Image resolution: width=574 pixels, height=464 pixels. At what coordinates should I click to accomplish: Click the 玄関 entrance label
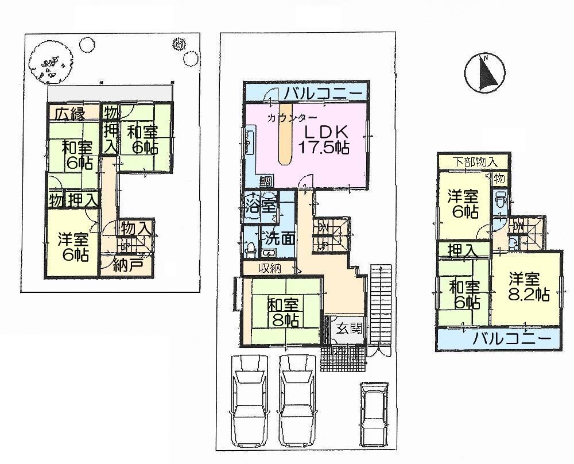348,330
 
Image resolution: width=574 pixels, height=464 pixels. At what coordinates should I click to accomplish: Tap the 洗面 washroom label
278,236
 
